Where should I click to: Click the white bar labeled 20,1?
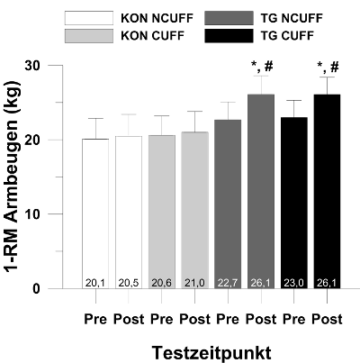(x=95, y=213)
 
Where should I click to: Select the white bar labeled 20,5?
(x=129, y=213)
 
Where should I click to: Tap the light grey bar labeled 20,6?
(x=162, y=212)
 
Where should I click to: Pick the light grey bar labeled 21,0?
(x=195, y=210)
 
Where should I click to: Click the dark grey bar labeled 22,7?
(x=228, y=204)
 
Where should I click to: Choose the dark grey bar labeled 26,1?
(x=261, y=192)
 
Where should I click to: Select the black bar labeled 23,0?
(x=294, y=203)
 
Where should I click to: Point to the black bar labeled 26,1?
(x=327, y=192)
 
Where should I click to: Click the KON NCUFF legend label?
(x=157, y=18)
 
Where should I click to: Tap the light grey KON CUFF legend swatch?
(x=89, y=36)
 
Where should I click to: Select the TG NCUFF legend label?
(x=292, y=18)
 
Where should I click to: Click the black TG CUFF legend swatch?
(x=229, y=36)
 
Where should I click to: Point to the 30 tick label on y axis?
(x=32, y=66)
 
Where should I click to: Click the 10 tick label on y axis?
(x=32, y=214)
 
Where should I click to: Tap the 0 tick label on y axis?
(x=36, y=288)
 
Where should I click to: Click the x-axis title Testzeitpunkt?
(x=211, y=353)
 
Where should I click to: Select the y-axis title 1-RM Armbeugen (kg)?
(x=13, y=177)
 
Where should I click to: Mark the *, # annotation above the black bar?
(x=328, y=68)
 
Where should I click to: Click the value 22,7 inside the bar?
(x=228, y=283)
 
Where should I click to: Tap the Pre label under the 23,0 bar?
(x=294, y=319)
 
